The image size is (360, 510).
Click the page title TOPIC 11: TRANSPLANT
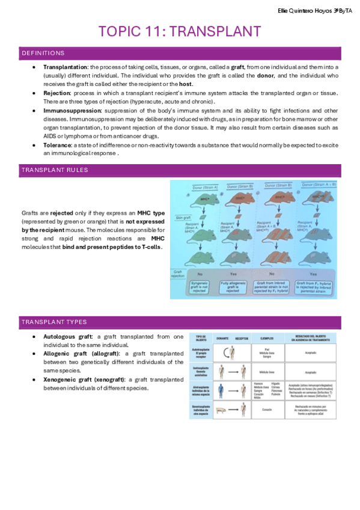click(x=180, y=32)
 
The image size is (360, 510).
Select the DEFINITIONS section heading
click(x=43, y=53)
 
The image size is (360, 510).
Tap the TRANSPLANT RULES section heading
click(x=55, y=170)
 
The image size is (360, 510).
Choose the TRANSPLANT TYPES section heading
click(x=54, y=322)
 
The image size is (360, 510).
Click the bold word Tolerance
click(x=58, y=146)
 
